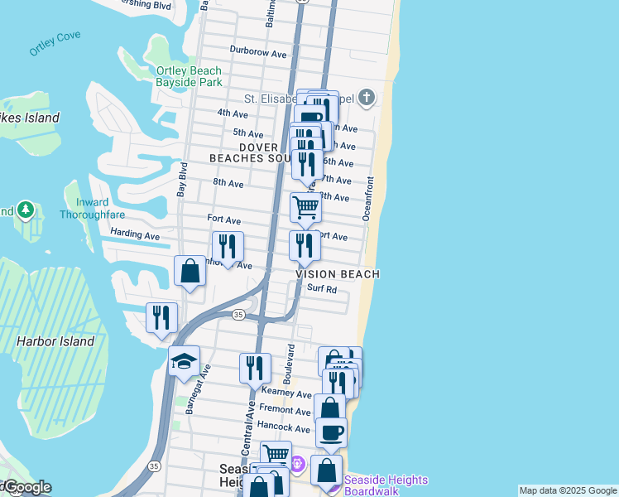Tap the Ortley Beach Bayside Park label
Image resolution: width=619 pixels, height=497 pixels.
(x=189, y=77)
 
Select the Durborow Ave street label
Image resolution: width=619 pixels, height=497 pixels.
(x=258, y=54)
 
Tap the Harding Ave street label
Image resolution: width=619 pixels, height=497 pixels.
(x=135, y=235)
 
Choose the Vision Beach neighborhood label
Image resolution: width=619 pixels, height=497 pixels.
(x=338, y=274)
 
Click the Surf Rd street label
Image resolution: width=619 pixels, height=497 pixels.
(x=321, y=289)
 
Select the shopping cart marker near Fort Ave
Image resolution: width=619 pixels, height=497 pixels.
(x=305, y=207)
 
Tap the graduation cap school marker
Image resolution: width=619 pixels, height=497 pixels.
(x=184, y=360)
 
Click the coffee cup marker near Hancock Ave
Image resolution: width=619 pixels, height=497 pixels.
(x=331, y=431)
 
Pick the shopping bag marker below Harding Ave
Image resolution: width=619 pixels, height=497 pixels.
(x=190, y=271)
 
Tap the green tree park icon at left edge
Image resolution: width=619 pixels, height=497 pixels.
(x=26, y=210)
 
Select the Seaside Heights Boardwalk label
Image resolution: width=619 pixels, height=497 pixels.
(x=385, y=485)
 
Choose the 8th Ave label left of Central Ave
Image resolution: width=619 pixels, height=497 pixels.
(x=228, y=182)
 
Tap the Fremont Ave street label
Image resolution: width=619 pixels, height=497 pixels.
(x=285, y=409)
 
